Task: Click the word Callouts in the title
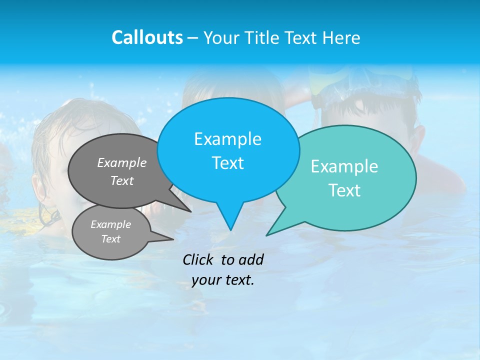[147, 37]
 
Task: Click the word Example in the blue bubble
[227, 139]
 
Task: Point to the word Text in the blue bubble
[227, 163]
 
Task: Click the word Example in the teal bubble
[344, 166]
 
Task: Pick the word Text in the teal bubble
[344, 190]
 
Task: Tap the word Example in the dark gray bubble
[122, 162]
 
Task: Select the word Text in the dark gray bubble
[122, 180]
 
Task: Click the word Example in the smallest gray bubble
[110, 224]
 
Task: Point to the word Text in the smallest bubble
[110, 239]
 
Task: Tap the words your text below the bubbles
[222, 280]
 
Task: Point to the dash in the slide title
[193, 38]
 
